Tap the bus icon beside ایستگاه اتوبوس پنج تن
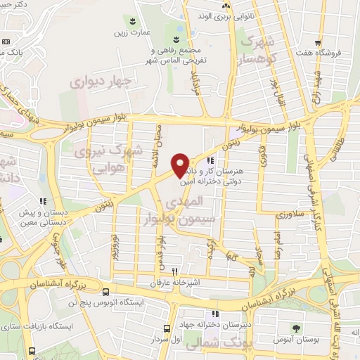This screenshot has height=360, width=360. coord(105,291)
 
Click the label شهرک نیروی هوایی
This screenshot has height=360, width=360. coord(109,158)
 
